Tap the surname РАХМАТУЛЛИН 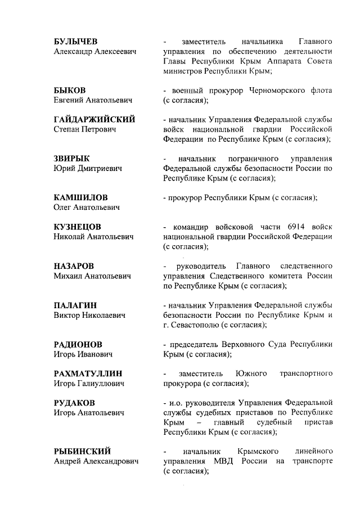click(x=88, y=373)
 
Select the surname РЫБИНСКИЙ click(x=82, y=451)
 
